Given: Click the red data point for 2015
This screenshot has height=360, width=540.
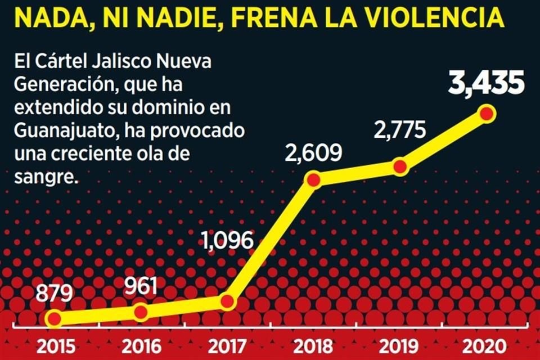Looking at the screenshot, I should coord(54,319).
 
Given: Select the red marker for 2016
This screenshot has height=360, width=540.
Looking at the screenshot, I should coord(141,312).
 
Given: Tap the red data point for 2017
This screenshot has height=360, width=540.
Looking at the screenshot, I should coord(227,301).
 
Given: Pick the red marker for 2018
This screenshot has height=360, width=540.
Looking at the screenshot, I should coord(313,179).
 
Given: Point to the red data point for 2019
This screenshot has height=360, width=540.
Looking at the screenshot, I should coord(399,167).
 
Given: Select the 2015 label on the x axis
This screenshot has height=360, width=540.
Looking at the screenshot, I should coord(54,345).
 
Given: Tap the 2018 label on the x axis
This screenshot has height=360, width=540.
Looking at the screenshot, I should coord(313,345).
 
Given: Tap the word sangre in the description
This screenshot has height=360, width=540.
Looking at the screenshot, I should coord(45,177).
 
